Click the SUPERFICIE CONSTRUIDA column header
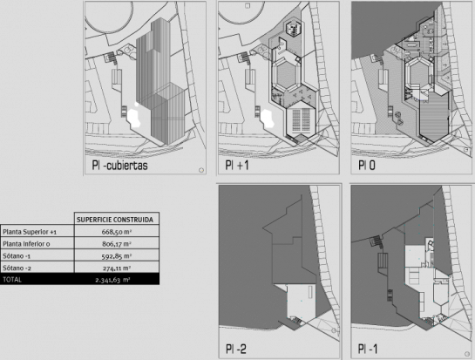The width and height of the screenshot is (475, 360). click(115, 220)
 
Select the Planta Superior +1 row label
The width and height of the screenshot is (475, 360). click(30, 232)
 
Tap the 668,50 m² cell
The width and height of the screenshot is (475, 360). click(117, 232)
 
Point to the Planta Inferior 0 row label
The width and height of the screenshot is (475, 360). click(26, 244)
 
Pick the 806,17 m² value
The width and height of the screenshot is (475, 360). click(117, 244)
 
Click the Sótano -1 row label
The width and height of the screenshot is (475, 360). click(17, 256)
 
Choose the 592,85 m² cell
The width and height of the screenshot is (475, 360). click(117, 256)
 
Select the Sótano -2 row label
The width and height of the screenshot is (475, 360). click(17, 268)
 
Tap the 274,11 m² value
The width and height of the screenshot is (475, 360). click(117, 268)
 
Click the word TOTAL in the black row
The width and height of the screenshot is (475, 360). click(12, 280)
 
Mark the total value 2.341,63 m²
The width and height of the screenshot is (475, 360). click(112, 280)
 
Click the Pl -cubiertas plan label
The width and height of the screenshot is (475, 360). click(120, 166)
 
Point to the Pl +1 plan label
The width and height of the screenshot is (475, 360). click(237, 165)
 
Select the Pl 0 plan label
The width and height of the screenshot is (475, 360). click(367, 165)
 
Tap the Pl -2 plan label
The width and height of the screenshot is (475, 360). click(236, 349)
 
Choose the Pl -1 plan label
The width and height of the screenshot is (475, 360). click(368, 349)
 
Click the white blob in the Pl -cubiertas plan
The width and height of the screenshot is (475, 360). click(133, 117)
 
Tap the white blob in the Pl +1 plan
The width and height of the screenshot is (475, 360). click(268, 119)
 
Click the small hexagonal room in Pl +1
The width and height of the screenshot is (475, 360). click(293, 29)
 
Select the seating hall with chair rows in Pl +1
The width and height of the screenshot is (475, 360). click(301, 120)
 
